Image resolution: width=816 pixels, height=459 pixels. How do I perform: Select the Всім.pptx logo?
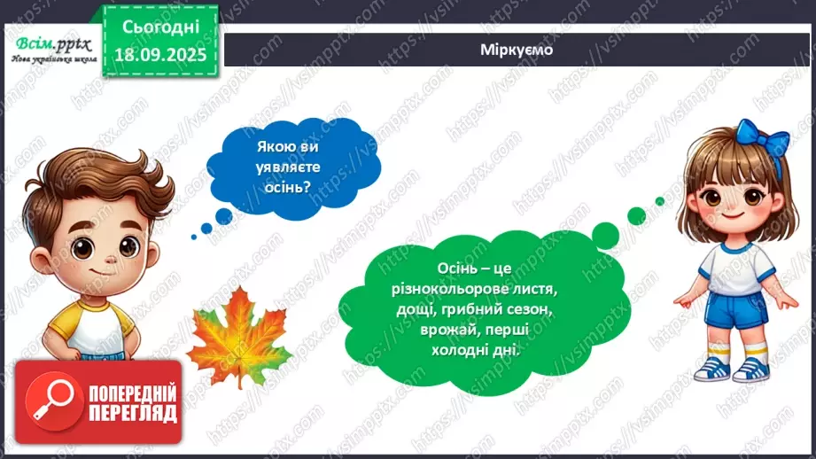(x=51, y=48)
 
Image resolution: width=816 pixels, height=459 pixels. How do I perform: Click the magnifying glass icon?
(x=43, y=401)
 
